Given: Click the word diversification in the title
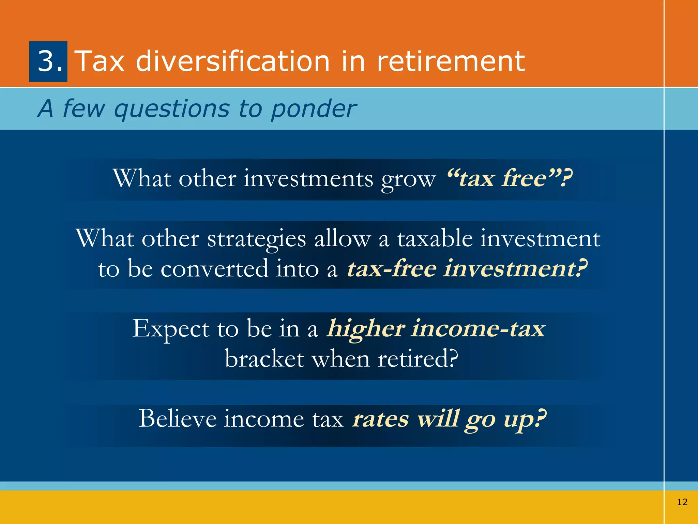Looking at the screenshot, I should [x=233, y=61].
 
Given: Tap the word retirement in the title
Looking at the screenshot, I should [x=451, y=61].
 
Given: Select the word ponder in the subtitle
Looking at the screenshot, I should [x=314, y=110].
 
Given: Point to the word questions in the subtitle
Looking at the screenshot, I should [x=172, y=110].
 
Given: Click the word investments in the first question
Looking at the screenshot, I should [x=308, y=178].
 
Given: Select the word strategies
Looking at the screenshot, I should [x=256, y=239].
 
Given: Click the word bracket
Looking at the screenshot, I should [x=264, y=359].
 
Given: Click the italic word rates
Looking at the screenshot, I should [x=380, y=419].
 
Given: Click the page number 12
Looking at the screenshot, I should [x=682, y=502].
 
